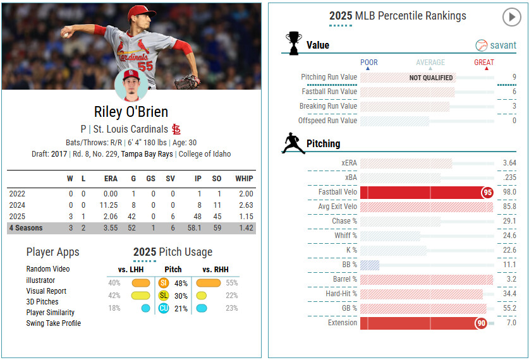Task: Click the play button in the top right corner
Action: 511,17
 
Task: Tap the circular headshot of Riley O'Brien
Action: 131,85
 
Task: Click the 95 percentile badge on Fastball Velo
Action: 487,192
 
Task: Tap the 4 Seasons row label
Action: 26,228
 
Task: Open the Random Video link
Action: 48,269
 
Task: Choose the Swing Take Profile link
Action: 53,323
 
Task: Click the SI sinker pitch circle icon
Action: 164,283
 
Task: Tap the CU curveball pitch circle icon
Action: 164,308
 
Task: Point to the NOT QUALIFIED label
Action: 431,78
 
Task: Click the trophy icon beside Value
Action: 293,43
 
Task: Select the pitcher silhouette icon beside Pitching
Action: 293,143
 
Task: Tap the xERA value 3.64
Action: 509,163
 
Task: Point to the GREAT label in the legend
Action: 484,63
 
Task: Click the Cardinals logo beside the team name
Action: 176,129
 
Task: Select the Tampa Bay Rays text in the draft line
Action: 147,154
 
